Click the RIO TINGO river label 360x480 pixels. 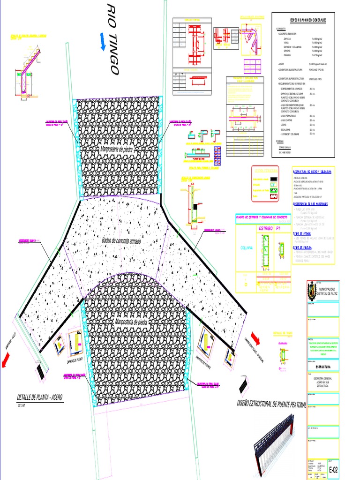pos(112,38)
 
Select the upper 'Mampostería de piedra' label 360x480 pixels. pos(117,150)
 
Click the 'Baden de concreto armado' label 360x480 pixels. pos(121,240)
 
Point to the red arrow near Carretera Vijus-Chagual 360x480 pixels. pos(255,337)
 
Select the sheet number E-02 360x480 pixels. pos(333,469)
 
